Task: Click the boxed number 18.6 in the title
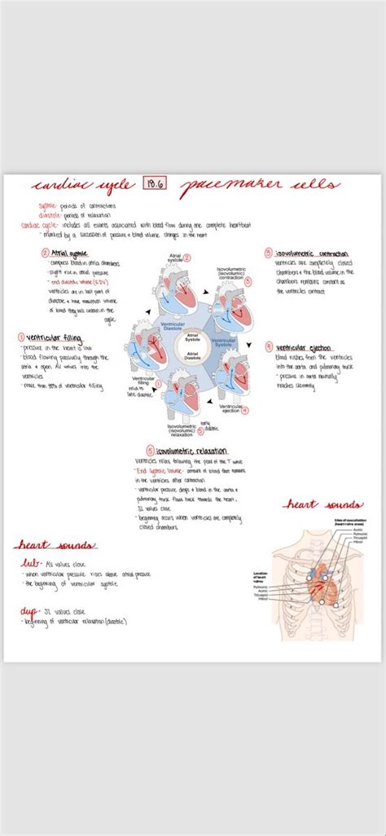pyautogui.click(x=152, y=186)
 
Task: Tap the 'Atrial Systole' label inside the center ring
pyautogui.click(x=193, y=336)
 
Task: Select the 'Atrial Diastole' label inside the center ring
pyautogui.click(x=193, y=355)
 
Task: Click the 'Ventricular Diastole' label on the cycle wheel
pyautogui.click(x=166, y=327)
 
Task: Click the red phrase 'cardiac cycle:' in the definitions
pyautogui.click(x=38, y=226)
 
